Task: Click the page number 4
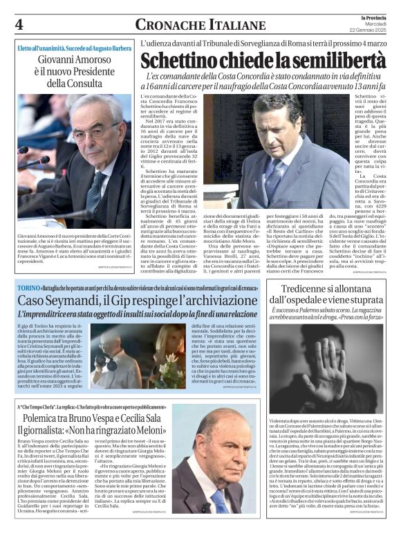point(19,25)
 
